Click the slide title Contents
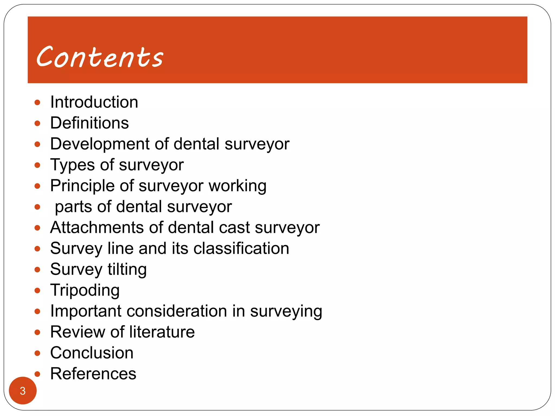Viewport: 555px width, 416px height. (100, 57)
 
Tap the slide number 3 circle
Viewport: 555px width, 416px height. (23, 391)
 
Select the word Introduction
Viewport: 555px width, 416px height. (94, 102)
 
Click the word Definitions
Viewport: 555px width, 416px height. (89, 123)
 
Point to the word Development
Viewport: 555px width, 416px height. (100, 144)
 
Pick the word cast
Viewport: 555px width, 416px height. (234, 227)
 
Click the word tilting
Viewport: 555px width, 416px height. (127, 269)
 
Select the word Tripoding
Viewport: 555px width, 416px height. (85, 290)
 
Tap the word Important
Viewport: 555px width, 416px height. (86, 311)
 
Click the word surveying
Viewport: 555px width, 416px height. (286, 311)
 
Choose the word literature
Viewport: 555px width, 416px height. (162, 332)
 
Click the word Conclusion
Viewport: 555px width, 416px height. (92, 353)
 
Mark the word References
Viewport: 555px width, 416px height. (93, 374)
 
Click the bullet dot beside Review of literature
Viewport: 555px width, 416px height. (37, 332)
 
